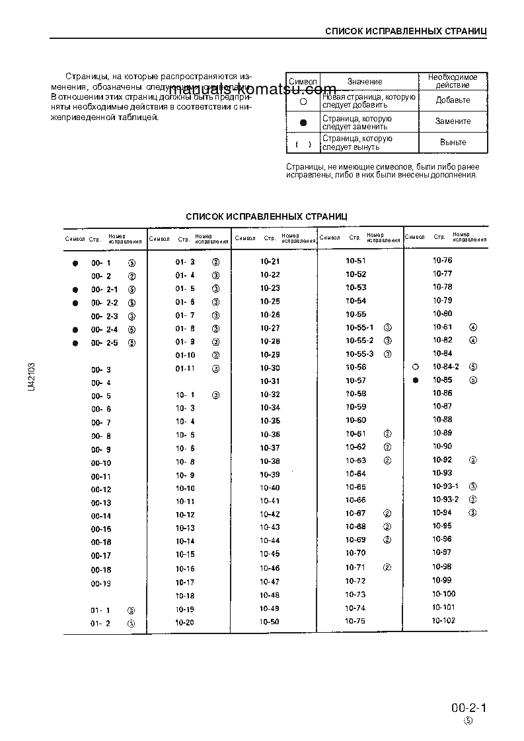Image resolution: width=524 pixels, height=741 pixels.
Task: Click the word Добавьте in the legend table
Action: point(453,100)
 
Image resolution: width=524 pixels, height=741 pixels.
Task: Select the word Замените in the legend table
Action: point(453,121)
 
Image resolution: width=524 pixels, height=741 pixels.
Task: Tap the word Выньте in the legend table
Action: point(453,143)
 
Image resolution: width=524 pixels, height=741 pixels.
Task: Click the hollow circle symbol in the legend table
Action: point(303,101)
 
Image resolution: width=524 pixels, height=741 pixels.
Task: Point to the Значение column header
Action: point(365,81)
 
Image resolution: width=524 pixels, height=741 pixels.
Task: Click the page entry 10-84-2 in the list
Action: point(446,366)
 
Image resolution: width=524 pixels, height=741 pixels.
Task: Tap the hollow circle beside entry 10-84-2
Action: point(415,367)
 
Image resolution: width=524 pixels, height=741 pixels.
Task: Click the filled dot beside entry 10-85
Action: point(415,381)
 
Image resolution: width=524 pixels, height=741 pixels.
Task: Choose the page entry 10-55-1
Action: point(359,327)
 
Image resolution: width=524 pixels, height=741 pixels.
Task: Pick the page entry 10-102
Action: point(443,620)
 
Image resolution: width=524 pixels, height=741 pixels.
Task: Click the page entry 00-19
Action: point(101,583)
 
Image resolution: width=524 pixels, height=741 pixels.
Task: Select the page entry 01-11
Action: point(185,368)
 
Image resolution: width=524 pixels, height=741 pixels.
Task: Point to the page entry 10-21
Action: point(270,261)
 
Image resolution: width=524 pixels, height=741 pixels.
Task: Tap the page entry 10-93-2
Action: point(445,499)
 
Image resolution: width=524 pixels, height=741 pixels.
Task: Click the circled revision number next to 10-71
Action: point(388,567)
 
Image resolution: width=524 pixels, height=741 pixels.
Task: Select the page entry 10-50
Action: point(270,622)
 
